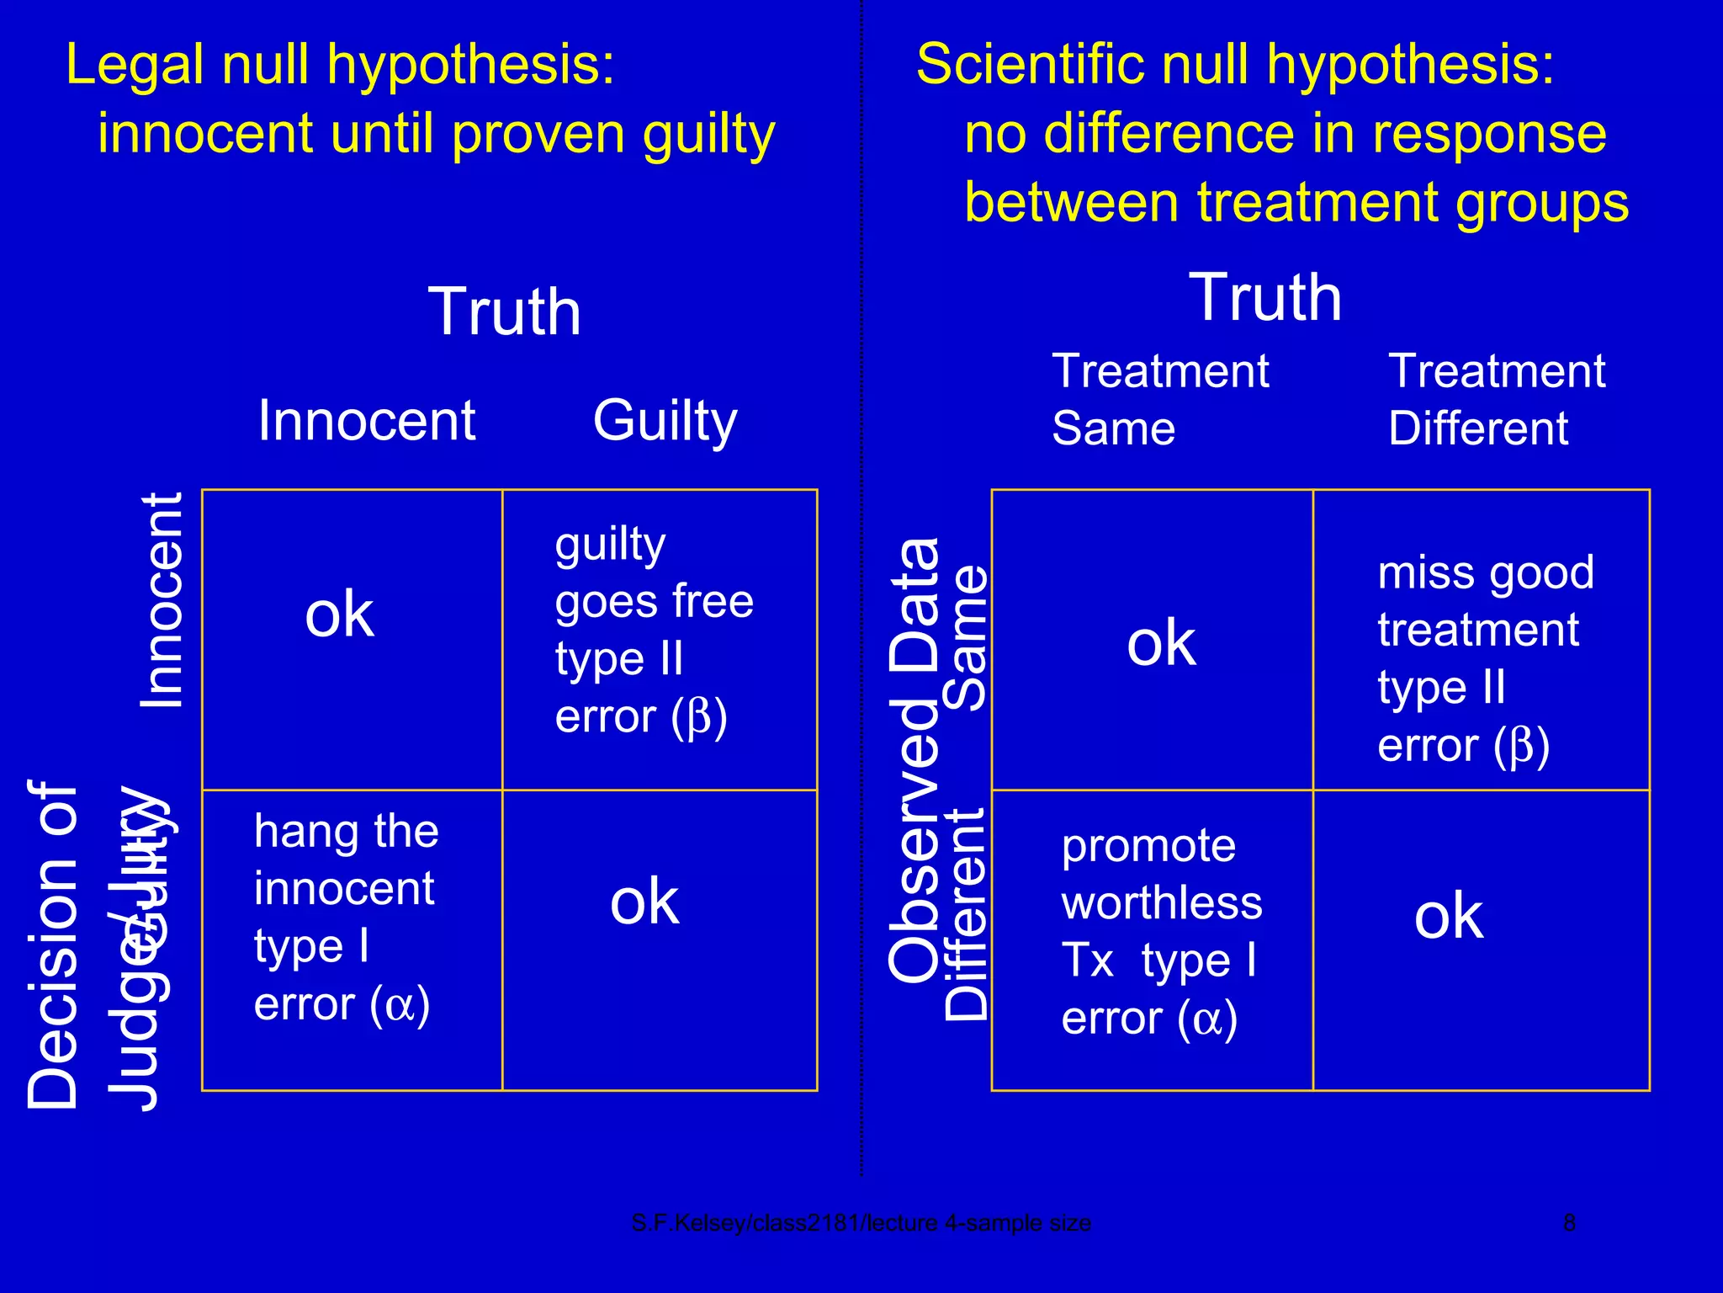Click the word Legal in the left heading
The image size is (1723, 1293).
(x=135, y=66)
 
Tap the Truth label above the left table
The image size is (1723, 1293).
(x=505, y=311)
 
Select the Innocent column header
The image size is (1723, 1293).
(x=367, y=420)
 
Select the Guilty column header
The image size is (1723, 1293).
(x=665, y=420)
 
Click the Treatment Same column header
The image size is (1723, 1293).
(x=1160, y=400)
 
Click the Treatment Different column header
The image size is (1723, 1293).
(x=1497, y=400)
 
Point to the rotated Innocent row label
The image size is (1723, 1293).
(x=161, y=599)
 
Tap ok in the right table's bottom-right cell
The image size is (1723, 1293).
(x=1449, y=916)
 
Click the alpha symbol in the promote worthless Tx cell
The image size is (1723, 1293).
(x=1207, y=1019)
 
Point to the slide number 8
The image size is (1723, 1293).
(x=1569, y=1222)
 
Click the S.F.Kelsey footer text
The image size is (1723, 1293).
(x=861, y=1222)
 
